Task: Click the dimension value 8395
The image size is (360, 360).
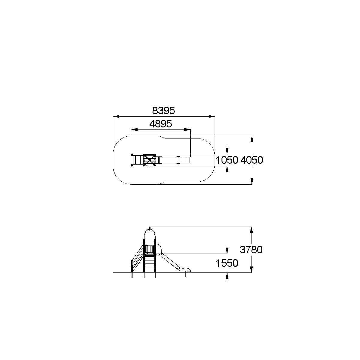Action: [x=163, y=111]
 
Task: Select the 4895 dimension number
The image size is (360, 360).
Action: [x=161, y=124]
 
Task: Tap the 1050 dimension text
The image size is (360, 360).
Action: [x=227, y=160]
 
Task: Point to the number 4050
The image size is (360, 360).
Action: [x=252, y=160]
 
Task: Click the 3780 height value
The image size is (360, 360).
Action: [x=251, y=250]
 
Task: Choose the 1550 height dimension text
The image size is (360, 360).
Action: [x=227, y=263]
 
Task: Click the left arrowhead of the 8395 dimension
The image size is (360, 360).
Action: [x=116, y=116]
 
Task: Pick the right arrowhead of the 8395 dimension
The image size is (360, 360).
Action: [x=212, y=116]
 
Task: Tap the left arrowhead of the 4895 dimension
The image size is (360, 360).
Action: [x=134, y=129]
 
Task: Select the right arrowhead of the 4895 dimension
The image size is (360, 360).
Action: [x=187, y=129]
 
